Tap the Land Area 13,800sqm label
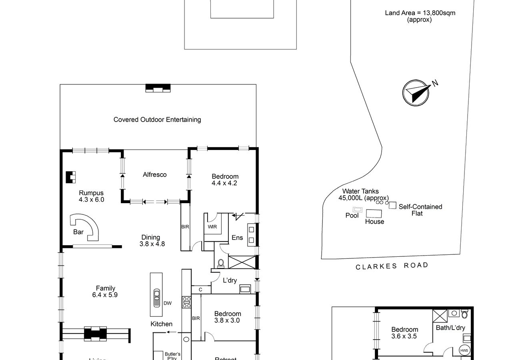pyautogui.click(x=420, y=16)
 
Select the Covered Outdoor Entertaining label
pyautogui.click(x=157, y=120)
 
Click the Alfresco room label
pyautogui.click(x=155, y=174)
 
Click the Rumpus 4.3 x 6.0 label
pyautogui.click(x=91, y=196)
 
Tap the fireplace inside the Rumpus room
pyautogui.click(x=71, y=177)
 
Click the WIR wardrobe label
pyautogui.click(x=212, y=227)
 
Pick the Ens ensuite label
pyautogui.click(x=237, y=238)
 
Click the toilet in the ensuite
pyautogui.click(x=220, y=263)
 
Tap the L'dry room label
pyautogui.click(x=230, y=280)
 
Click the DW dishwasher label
pyautogui.click(x=167, y=303)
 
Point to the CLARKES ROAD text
pyautogui.click(x=392, y=266)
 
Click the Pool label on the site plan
pyautogui.click(x=352, y=216)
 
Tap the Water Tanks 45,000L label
pyautogui.click(x=364, y=195)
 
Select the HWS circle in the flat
pyautogui.click(x=464, y=350)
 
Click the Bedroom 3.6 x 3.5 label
pyautogui.click(x=404, y=333)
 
